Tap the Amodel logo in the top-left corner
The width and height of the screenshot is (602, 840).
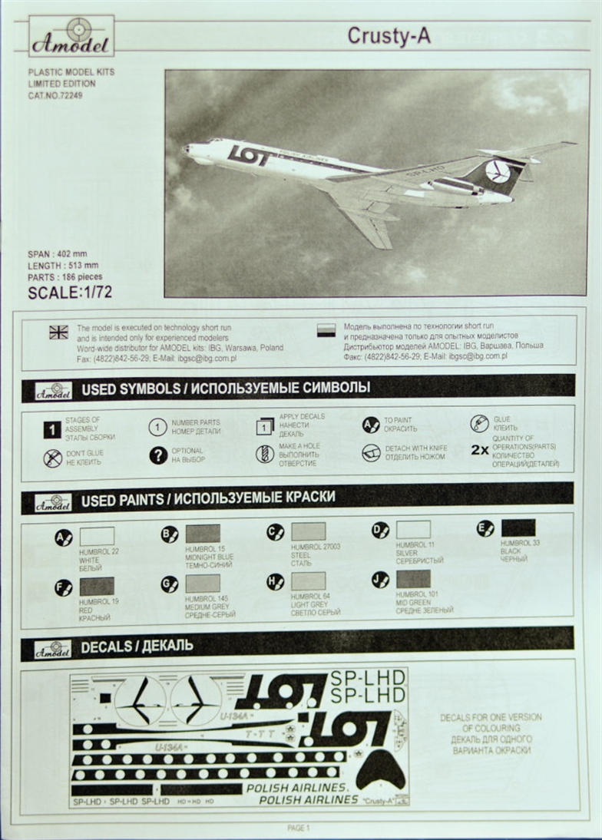point(72,36)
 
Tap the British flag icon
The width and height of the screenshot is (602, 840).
point(58,332)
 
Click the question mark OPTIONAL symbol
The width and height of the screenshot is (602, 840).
point(158,455)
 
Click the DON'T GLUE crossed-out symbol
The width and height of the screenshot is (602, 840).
point(53,458)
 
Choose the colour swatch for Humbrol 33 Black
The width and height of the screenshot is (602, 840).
point(518,527)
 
